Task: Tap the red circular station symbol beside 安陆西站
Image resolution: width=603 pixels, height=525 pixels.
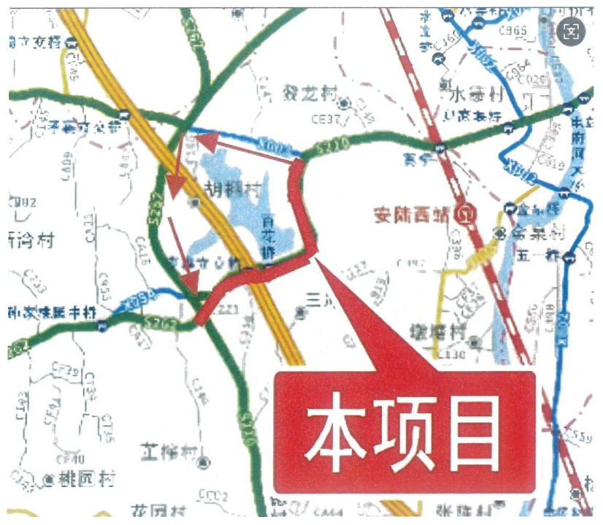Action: pos(464,215)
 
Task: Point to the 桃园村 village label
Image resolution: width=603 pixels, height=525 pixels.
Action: pos(88,479)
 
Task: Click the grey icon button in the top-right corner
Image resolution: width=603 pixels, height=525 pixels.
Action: pos(572,31)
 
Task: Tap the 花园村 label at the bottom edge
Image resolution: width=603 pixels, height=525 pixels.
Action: pos(160,510)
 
